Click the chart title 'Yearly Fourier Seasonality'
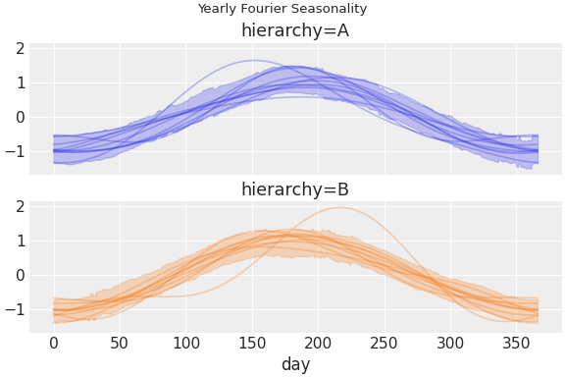(282, 9)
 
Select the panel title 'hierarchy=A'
(295, 30)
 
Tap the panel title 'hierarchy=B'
(295, 189)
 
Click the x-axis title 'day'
(295, 364)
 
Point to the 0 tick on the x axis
(54, 343)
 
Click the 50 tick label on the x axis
(120, 343)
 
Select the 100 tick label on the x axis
(186, 343)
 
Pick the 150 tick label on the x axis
(252, 343)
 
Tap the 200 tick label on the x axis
(319, 343)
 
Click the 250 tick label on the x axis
(385, 343)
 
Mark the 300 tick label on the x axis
(450, 343)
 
